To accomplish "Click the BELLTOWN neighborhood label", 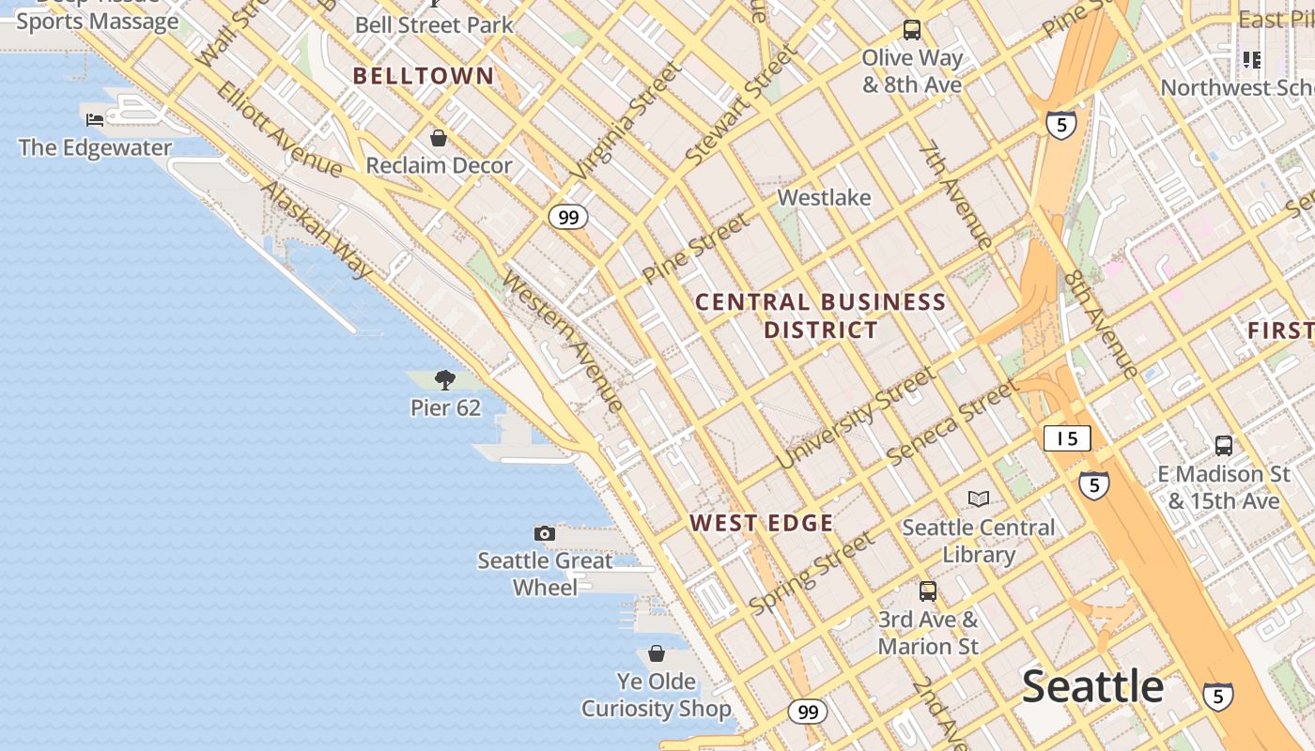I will (423, 76).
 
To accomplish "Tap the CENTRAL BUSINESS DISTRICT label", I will (820, 315).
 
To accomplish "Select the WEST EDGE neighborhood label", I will (761, 523).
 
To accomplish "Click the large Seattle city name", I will (1092, 686).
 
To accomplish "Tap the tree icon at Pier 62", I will (445, 380).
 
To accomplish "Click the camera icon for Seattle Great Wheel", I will (544, 533).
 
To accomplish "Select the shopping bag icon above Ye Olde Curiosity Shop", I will (656, 653).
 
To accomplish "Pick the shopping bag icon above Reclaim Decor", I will (438, 138).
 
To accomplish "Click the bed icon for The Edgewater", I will (95, 119).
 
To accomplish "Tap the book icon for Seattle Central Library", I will (979, 498).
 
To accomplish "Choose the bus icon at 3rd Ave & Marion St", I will (928, 591).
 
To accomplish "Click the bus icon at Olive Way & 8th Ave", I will (911, 30).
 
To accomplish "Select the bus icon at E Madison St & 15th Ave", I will (1223, 446).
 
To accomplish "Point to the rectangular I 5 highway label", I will (1067, 438).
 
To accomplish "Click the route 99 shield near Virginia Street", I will (568, 218).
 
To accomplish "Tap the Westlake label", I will (825, 198).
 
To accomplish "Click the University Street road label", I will (856, 418).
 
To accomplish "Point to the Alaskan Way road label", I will (317, 229).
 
